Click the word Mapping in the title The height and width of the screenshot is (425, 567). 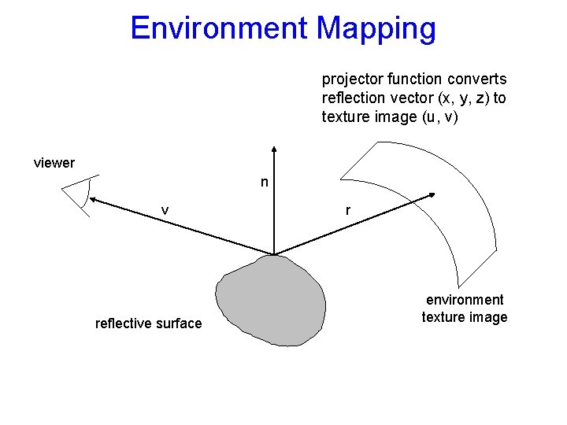click(376, 28)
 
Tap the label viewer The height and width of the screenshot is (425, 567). click(54, 163)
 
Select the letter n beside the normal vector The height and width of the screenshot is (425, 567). click(265, 183)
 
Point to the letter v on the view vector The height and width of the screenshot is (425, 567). click(165, 209)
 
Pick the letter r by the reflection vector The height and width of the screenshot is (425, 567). click(348, 210)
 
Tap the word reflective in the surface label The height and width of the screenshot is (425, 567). click(122, 323)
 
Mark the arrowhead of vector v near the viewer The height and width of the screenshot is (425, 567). click(93, 201)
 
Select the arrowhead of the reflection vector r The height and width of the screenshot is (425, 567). click(432, 194)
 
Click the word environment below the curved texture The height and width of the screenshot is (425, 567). click(465, 299)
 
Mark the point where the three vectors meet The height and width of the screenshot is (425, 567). click(273, 254)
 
